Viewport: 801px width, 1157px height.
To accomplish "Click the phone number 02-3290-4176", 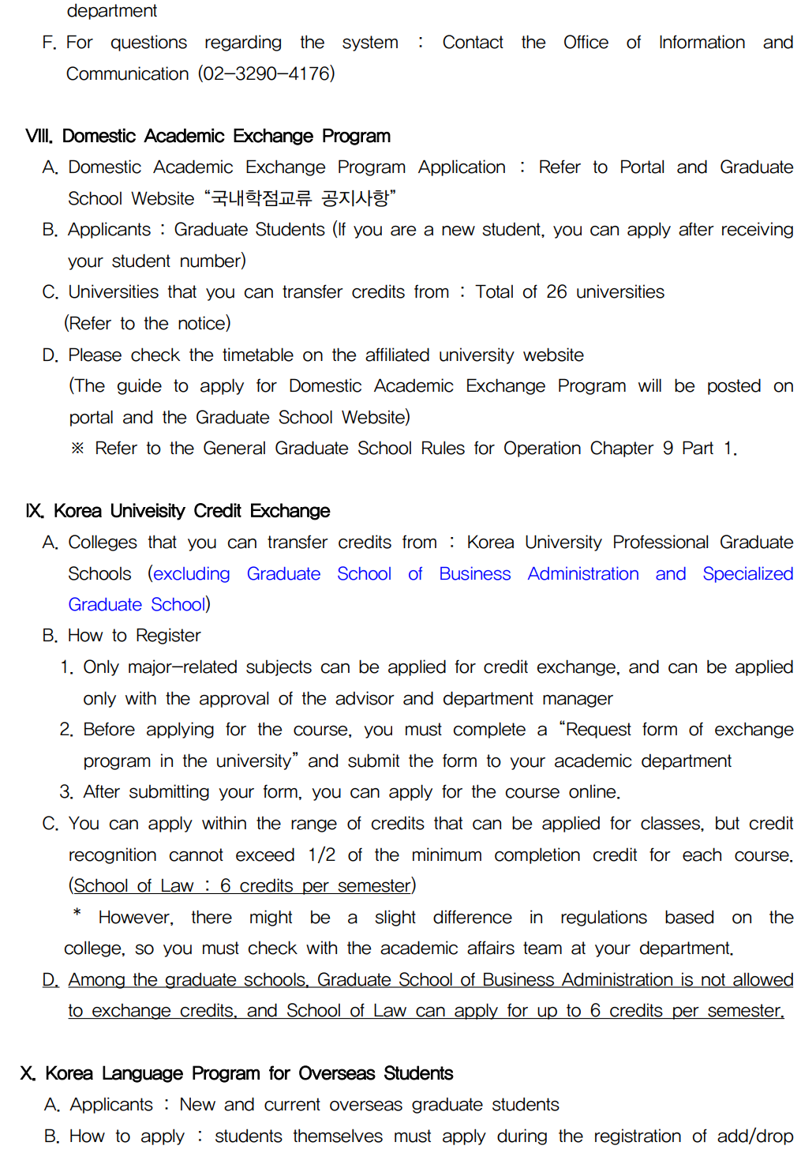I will point(266,73).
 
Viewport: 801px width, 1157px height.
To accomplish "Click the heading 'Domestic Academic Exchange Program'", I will point(226,136).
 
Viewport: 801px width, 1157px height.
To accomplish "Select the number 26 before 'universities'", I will point(556,292).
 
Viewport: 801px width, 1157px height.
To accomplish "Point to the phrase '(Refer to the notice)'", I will point(148,323).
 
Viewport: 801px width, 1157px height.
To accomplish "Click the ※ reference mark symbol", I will point(77,449).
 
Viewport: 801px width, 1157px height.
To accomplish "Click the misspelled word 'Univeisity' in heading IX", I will point(148,511).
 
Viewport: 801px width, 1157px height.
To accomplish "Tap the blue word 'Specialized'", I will point(747,574).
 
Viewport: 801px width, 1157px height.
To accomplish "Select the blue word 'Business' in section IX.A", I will point(474,574).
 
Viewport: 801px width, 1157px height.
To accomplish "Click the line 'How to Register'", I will point(134,636).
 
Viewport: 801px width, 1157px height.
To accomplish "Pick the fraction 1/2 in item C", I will point(321,855).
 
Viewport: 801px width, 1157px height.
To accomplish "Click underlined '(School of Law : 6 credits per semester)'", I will point(242,886).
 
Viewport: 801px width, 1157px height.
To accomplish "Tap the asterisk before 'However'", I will point(77,914).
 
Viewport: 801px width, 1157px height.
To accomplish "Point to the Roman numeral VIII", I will point(39,136).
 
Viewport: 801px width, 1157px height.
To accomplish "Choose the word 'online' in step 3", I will point(593,792).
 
